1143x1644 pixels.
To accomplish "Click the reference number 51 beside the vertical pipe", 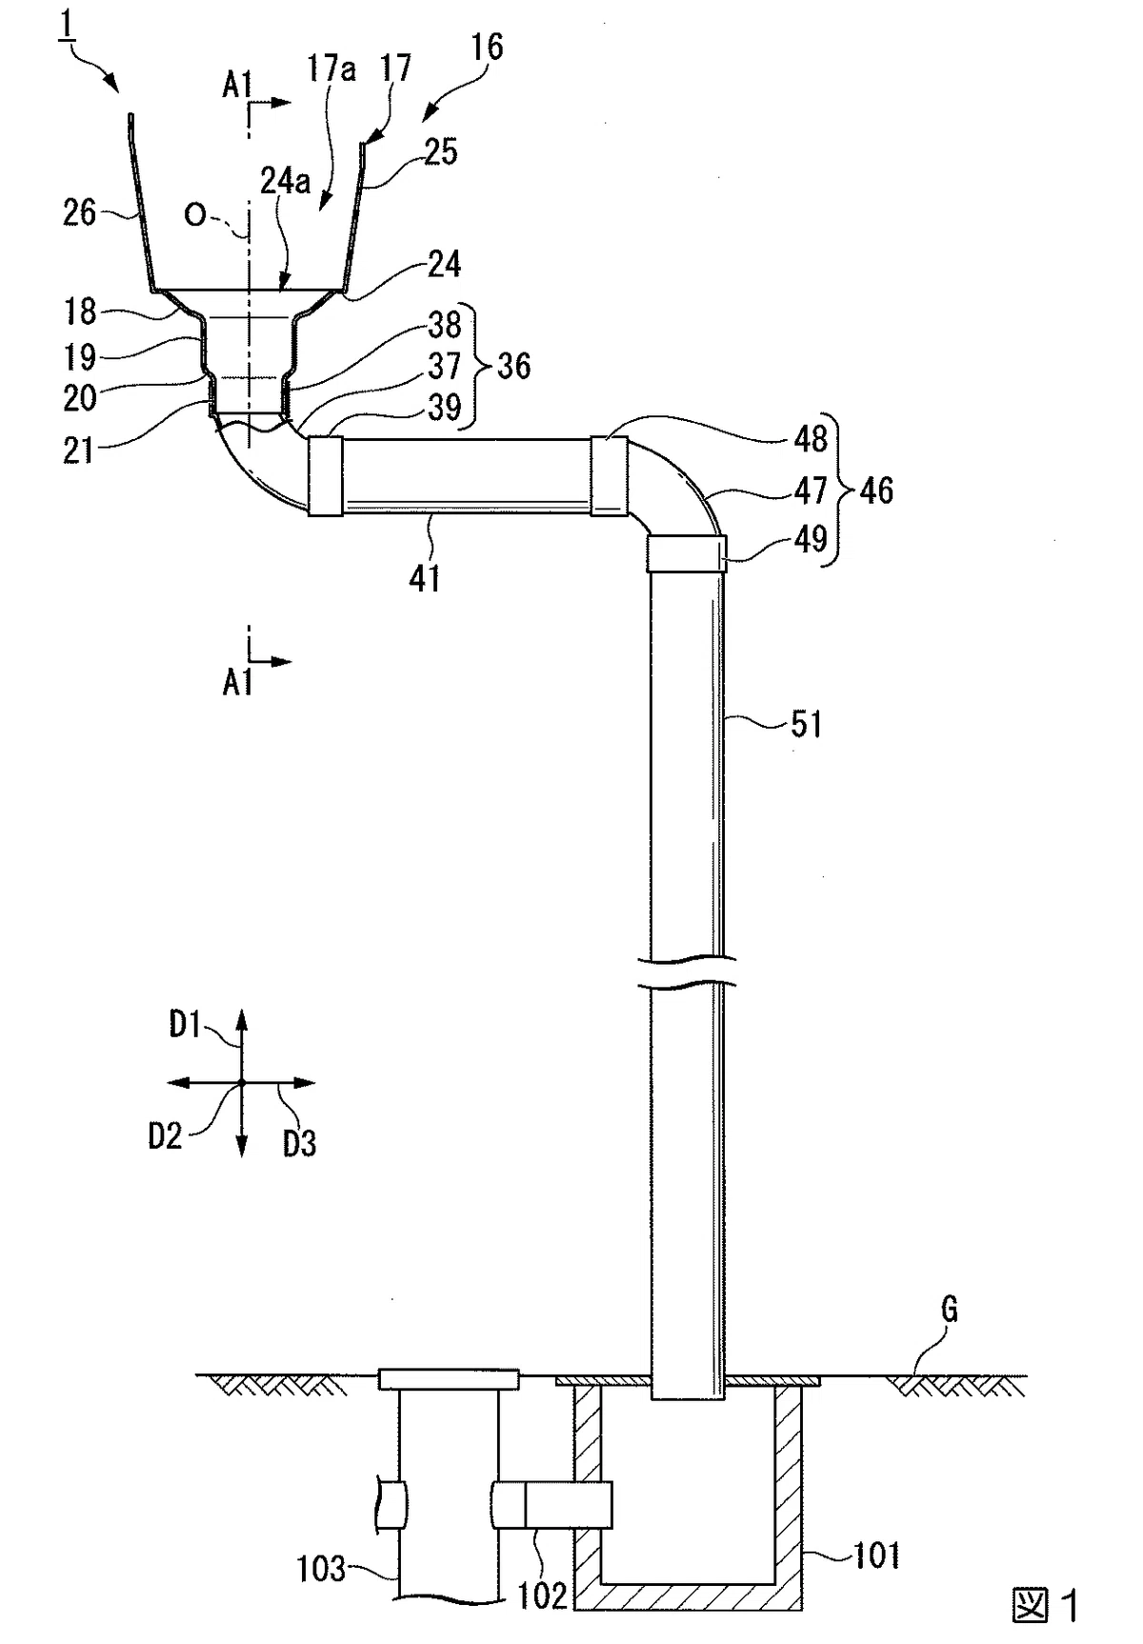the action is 806,725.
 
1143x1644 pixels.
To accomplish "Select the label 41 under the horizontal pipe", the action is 425,578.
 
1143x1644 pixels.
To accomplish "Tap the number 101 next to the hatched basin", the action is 876,1555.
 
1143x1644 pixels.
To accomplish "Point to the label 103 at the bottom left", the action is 321,1568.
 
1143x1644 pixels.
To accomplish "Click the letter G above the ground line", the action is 949,1311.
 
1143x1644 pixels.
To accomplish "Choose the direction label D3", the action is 299,1143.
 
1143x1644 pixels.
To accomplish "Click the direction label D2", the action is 165,1136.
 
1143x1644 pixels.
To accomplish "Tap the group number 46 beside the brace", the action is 876,491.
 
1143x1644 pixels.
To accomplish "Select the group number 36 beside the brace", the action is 513,366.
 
